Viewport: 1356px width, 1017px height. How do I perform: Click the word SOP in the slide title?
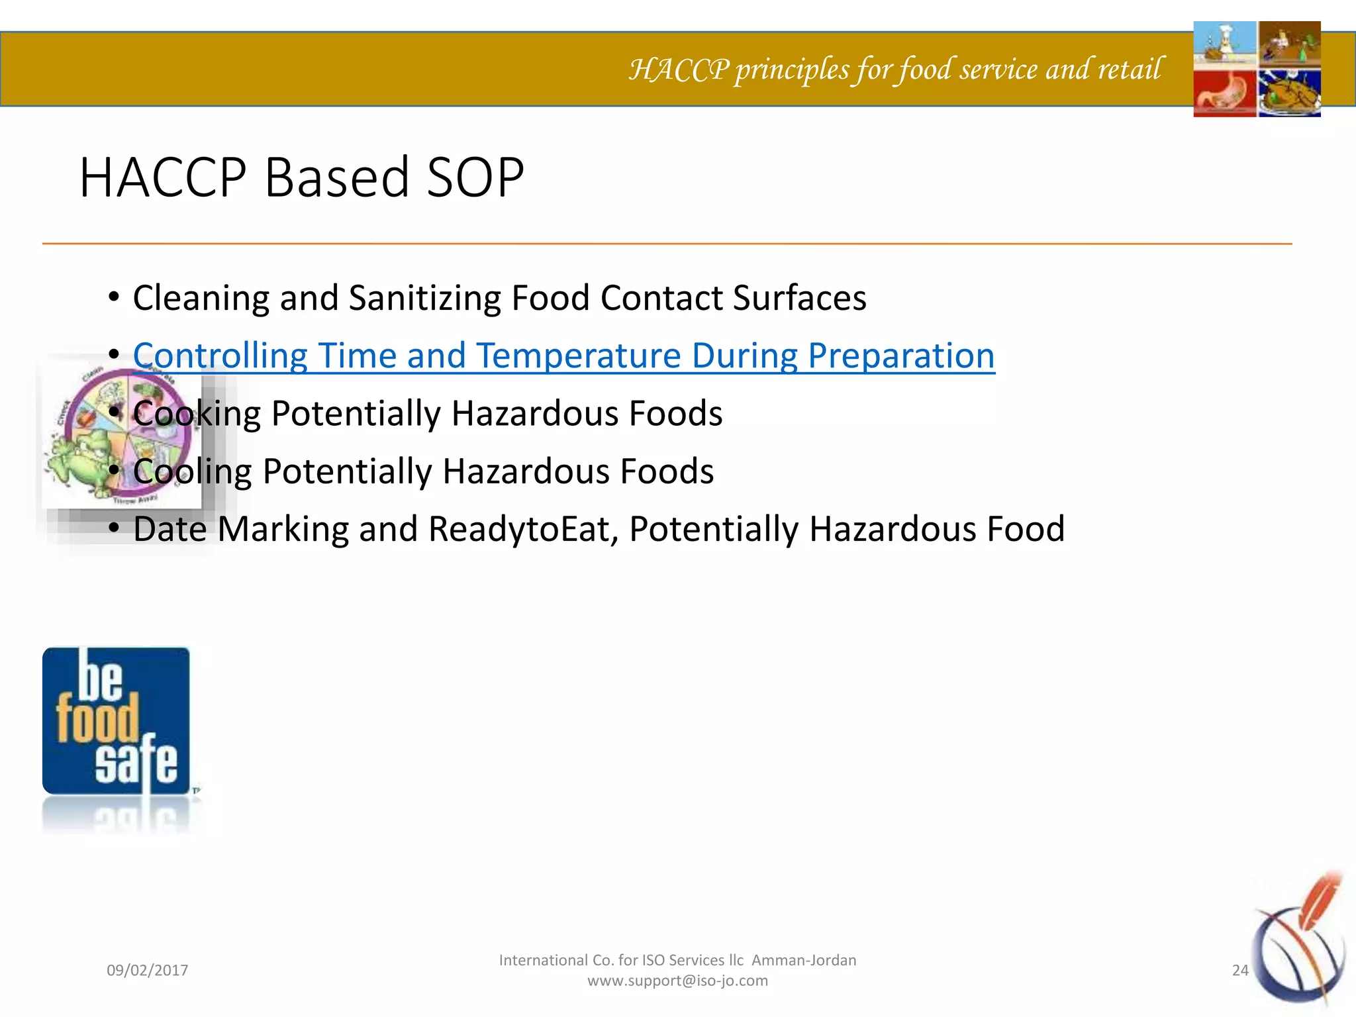pos(475,177)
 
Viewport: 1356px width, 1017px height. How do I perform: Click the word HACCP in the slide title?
pos(163,177)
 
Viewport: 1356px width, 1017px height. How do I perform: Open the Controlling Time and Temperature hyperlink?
pos(563,356)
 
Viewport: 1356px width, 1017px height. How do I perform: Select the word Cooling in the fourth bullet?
pos(192,471)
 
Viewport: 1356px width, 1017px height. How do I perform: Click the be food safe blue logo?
pos(116,721)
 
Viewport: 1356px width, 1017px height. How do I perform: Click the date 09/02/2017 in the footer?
pos(147,970)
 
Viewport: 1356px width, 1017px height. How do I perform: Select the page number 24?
pos(1239,970)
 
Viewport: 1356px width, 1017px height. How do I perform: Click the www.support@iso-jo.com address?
pos(677,981)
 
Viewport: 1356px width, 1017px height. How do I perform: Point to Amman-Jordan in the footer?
pos(804,960)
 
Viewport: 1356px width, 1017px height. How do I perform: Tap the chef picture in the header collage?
pos(1225,43)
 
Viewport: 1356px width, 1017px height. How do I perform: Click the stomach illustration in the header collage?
pos(1225,93)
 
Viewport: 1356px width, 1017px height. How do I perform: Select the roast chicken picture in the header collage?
pos(1289,93)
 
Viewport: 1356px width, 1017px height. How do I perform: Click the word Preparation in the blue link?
pos(901,356)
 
